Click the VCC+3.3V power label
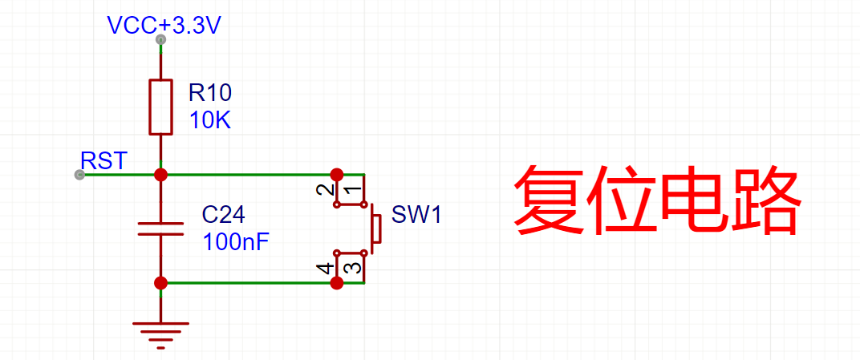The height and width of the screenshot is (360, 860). [164, 26]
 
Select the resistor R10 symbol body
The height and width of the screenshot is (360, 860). [160, 107]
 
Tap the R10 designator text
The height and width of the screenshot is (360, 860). [210, 92]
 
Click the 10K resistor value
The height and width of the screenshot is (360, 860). [210, 121]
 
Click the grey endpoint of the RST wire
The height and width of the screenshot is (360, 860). [79, 175]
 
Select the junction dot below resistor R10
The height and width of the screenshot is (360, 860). [160, 174]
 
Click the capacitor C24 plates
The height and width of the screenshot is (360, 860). [160, 229]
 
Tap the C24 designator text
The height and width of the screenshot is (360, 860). [224, 215]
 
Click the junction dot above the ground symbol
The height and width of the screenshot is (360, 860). [160, 282]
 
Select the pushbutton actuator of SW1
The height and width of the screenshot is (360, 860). [375, 228]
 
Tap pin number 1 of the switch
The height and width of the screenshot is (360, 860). [351, 191]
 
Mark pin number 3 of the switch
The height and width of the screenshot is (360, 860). [351, 266]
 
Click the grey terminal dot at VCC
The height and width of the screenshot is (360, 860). [160, 39]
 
